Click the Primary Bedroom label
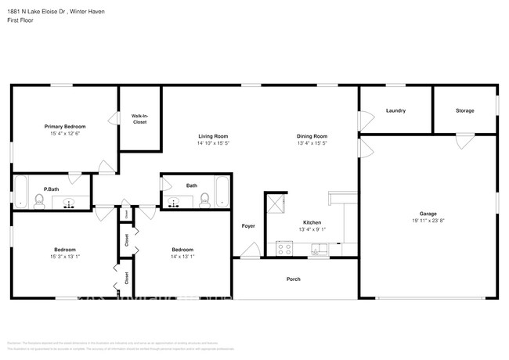[64, 126]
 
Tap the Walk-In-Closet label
[139, 119]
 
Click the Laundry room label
[395, 110]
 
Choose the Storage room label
[464, 110]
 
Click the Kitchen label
[312, 222]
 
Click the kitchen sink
[318, 250]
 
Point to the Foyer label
[248, 226]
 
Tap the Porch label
[294, 279]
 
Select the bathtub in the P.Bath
[21, 192]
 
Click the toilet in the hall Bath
[204, 200]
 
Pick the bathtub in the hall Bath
[222, 192]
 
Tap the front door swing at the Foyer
[251, 250]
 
